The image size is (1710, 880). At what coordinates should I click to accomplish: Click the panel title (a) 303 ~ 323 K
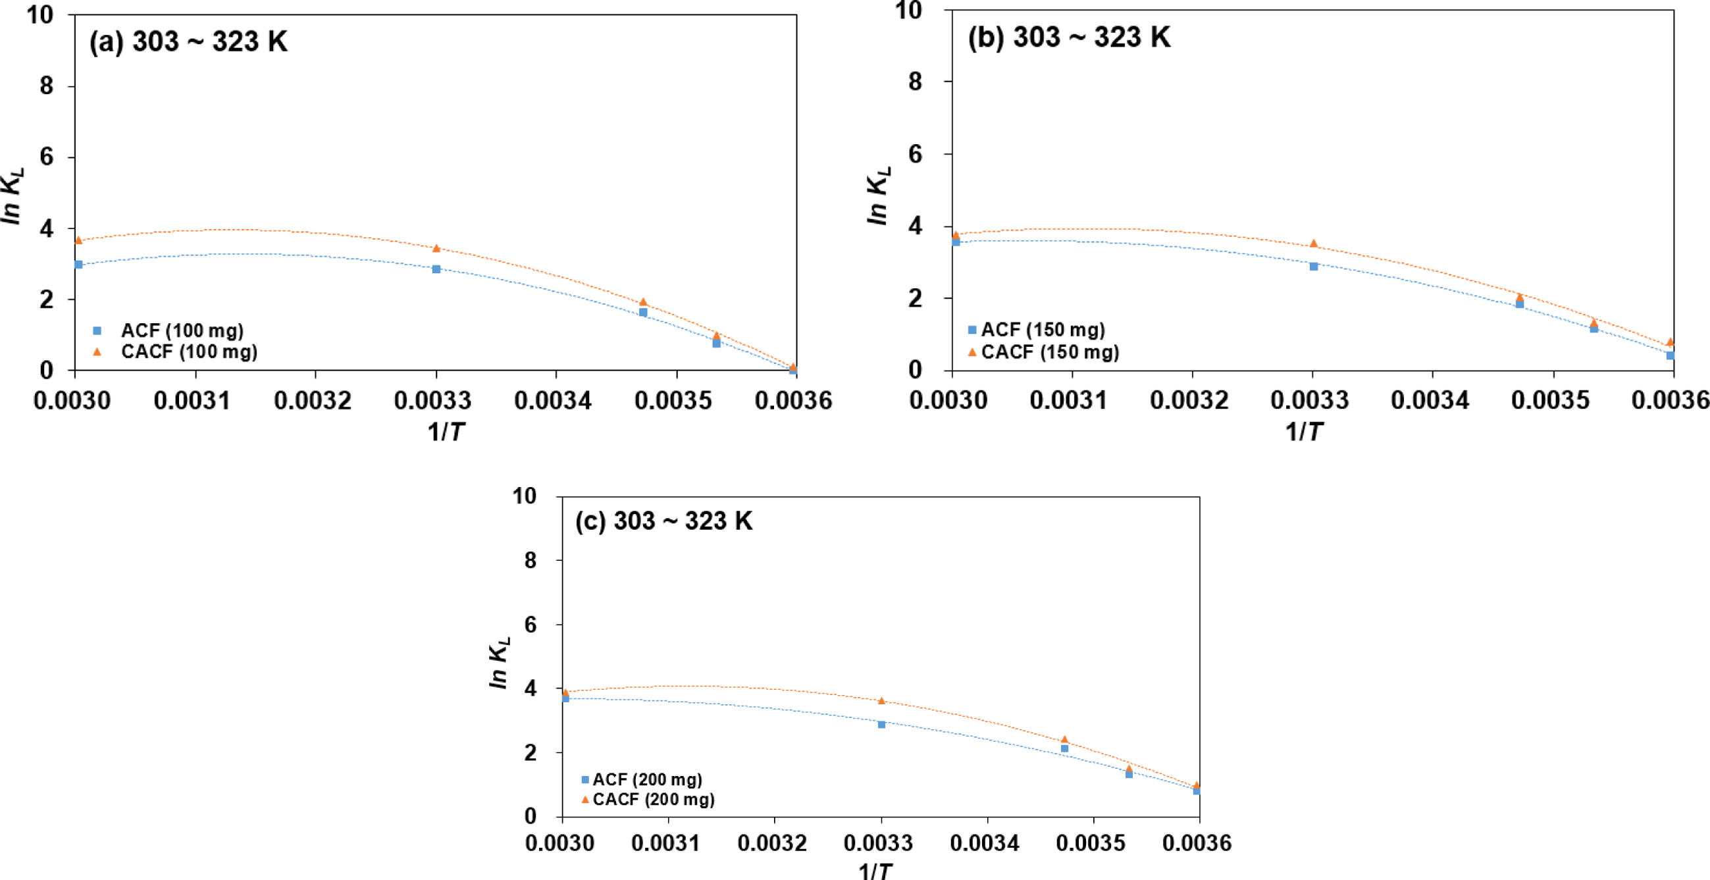tap(188, 42)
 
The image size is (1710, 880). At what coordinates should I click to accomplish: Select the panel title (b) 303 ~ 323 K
tap(1069, 37)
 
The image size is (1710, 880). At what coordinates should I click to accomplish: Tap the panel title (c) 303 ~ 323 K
tap(664, 521)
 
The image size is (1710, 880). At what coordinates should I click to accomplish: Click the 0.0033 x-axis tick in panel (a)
tap(432, 400)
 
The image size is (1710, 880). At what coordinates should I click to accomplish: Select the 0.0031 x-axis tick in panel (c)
tap(666, 843)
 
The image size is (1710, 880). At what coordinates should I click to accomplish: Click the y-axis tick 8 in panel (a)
tap(46, 86)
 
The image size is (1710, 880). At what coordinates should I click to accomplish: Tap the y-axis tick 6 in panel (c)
tap(530, 625)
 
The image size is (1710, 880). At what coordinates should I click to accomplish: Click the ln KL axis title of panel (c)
tap(499, 662)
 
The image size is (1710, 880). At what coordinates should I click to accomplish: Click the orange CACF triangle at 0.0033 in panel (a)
tap(436, 248)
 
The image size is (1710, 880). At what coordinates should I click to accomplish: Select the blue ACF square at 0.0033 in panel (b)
tap(1313, 266)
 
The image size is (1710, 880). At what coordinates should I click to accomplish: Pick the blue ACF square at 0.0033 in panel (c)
tap(881, 724)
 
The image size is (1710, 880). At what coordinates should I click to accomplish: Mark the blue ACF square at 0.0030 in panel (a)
tap(78, 264)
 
